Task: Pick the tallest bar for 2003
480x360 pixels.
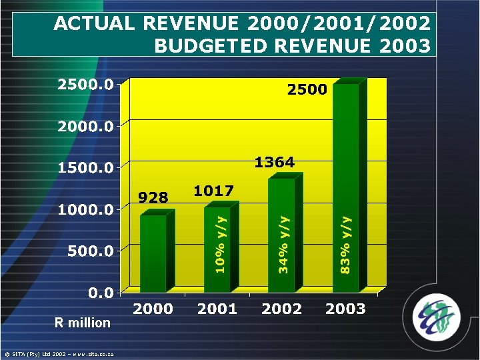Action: coord(346,187)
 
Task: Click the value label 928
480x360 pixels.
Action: coord(153,197)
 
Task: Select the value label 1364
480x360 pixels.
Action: coord(275,162)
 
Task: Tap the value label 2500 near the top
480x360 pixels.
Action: coord(307,89)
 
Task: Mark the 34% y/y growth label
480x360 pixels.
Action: coord(284,244)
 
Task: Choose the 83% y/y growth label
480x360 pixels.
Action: coord(345,244)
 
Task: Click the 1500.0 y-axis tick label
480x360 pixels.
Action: coord(85,167)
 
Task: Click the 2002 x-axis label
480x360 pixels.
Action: coord(281,309)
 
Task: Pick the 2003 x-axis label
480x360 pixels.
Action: coord(345,309)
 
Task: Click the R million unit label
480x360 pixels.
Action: coord(82,323)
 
